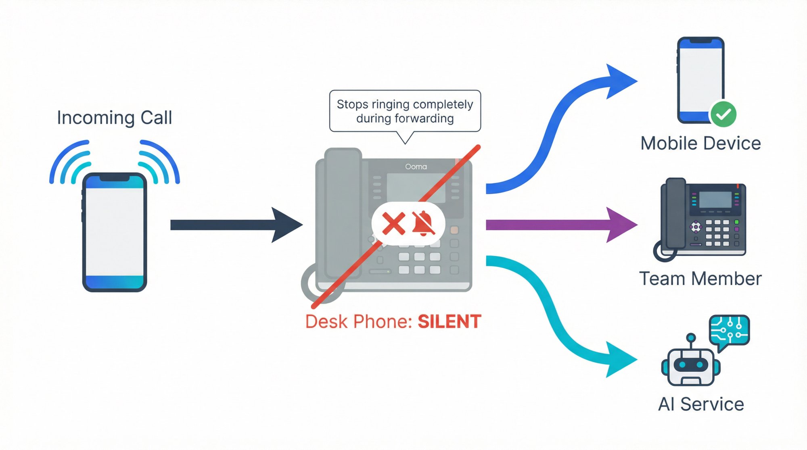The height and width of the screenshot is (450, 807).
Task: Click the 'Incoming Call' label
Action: click(x=114, y=118)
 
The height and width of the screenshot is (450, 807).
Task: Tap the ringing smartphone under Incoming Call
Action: click(x=115, y=232)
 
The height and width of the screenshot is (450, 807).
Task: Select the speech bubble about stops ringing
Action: click(x=405, y=111)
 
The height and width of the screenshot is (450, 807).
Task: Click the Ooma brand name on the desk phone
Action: click(x=416, y=167)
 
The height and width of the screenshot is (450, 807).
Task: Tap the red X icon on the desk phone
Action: click(x=393, y=224)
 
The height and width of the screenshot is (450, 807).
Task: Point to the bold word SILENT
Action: click(x=449, y=322)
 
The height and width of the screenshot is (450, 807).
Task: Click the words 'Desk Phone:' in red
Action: click(x=358, y=322)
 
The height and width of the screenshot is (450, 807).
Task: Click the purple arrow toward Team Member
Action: click(x=557, y=225)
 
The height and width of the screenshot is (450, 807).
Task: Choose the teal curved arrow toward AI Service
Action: click(x=557, y=315)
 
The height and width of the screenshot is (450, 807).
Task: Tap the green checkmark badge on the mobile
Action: click(x=723, y=114)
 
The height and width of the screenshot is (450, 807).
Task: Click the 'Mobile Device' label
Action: click(x=700, y=144)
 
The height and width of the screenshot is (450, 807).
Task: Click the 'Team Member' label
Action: click(x=700, y=279)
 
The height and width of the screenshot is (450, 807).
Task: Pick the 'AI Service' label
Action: click(x=701, y=404)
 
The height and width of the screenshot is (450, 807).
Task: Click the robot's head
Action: click(x=691, y=365)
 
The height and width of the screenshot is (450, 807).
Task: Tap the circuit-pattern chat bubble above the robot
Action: click(x=730, y=331)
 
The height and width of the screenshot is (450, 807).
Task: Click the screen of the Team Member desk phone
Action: click(x=715, y=200)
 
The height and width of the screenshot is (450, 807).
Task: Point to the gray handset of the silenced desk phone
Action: click(x=343, y=214)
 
